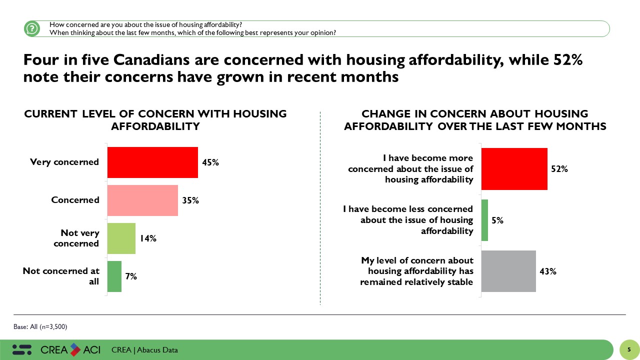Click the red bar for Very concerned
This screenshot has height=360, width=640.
click(152, 162)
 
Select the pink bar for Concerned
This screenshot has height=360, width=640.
click(142, 200)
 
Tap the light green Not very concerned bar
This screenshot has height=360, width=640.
click(121, 238)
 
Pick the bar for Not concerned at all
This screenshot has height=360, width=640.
click(114, 276)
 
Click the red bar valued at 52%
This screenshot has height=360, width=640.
click(514, 169)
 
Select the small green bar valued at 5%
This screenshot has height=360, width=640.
click(484, 220)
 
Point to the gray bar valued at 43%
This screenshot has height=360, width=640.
click(508, 271)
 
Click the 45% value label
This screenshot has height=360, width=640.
click(210, 162)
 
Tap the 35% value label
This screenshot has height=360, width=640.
click(190, 200)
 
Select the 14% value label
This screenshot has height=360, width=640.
click(148, 238)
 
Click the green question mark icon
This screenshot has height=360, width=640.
click(31, 28)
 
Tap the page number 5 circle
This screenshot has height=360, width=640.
click(629, 349)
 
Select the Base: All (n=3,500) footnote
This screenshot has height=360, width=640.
click(40, 326)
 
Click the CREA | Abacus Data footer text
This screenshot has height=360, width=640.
click(144, 350)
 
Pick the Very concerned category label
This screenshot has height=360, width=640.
click(64, 162)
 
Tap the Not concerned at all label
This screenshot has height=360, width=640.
click(61, 276)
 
